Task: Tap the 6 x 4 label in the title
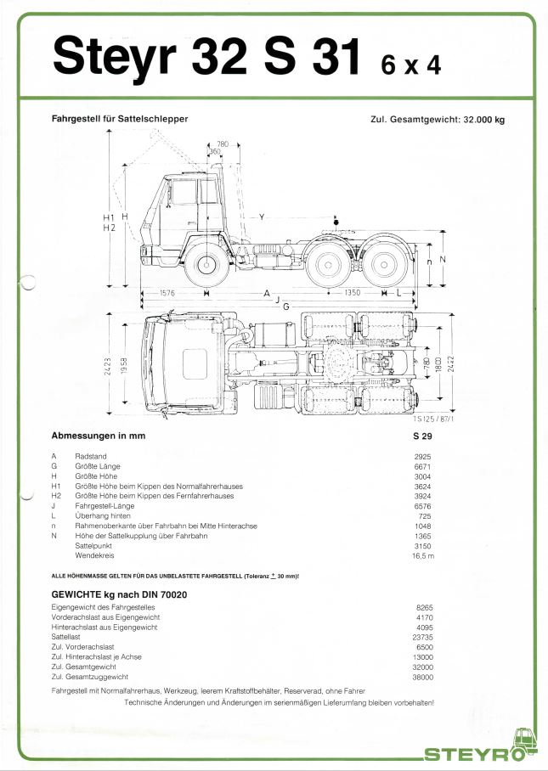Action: click(x=411, y=64)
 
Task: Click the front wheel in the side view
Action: click(x=206, y=265)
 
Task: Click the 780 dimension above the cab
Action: click(x=223, y=144)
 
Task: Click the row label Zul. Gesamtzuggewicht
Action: click(x=89, y=677)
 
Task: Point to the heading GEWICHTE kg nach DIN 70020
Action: click(x=119, y=594)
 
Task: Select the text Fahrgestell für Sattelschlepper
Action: click(x=120, y=119)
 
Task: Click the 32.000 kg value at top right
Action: click(x=483, y=120)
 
